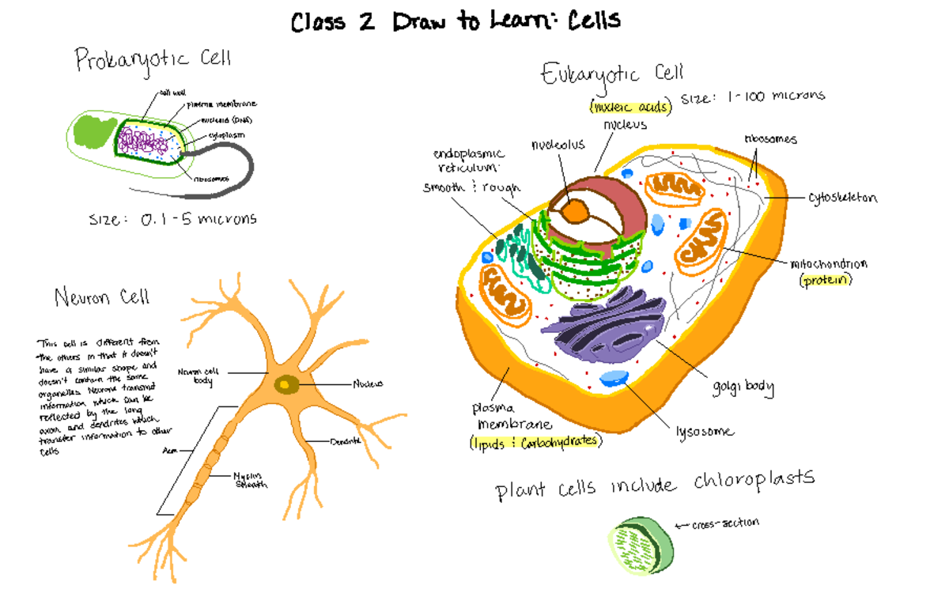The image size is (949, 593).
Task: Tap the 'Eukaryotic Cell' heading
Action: click(611, 74)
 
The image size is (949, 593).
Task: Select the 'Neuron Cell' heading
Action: click(101, 297)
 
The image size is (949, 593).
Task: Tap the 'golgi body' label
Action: click(742, 387)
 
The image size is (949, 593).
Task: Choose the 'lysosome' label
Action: click(704, 432)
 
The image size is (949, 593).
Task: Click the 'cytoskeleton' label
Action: click(842, 198)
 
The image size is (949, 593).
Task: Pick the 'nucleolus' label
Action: click(558, 145)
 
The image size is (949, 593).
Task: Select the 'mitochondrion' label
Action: click(828, 264)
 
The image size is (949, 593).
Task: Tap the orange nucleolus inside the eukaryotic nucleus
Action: click(576, 210)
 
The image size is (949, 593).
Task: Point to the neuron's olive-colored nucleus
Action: click(286, 384)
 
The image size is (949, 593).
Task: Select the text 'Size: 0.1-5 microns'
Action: click(172, 219)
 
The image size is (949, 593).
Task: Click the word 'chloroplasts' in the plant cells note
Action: click(754, 480)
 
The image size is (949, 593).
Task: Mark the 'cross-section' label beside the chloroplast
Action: click(724, 523)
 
